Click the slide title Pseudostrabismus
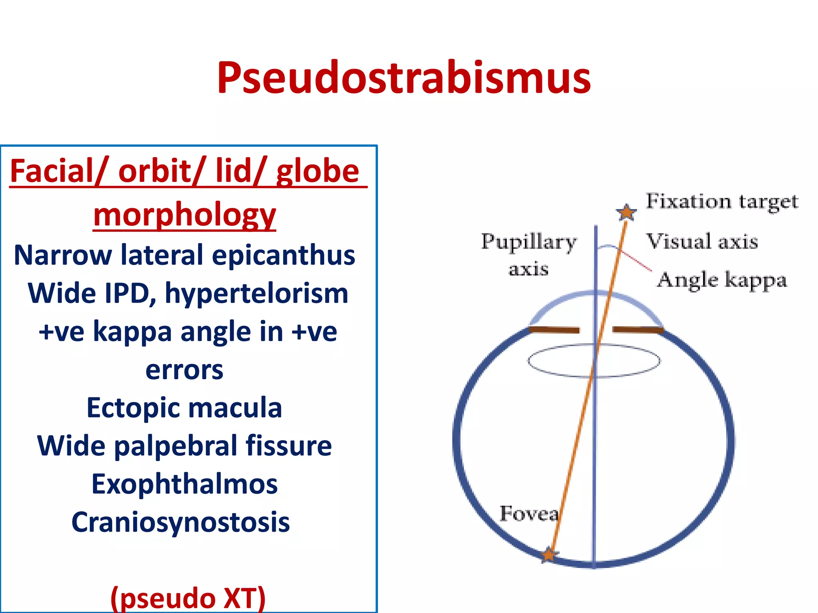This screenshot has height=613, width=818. [x=403, y=78]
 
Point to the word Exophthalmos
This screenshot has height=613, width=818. [x=185, y=484]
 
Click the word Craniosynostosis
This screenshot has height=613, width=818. [x=181, y=522]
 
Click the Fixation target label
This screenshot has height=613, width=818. [x=722, y=202]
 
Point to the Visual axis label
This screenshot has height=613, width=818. [x=702, y=241]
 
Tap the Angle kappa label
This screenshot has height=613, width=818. [x=722, y=280]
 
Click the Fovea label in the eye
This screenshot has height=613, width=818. [x=529, y=514]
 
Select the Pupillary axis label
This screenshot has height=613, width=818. [x=529, y=255]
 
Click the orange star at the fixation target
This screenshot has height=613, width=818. [x=626, y=212]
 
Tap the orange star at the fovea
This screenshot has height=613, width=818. [x=549, y=555]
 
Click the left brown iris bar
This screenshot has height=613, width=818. [x=554, y=330]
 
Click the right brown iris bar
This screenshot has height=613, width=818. [x=638, y=330]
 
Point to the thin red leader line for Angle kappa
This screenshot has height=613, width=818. [x=636, y=260]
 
